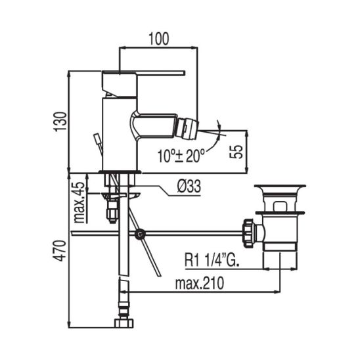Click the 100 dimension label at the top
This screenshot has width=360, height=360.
tap(159, 39)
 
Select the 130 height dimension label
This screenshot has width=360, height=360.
tap(60, 122)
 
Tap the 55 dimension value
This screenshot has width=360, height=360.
tap(236, 152)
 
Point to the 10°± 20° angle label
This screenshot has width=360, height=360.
tap(181, 156)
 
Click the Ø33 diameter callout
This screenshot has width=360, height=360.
tap(189, 186)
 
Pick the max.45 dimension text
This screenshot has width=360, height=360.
tap(79, 202)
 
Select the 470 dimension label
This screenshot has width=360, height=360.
tap(60, 250)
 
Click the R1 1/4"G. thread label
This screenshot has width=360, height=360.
tap(212, 260)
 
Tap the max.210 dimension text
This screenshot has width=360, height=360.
tap(199, 283)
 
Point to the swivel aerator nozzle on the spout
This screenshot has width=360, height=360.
tap(187, 129)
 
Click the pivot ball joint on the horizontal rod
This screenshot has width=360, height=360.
tap(140, 234)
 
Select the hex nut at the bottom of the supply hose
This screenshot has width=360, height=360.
tap(124, 323)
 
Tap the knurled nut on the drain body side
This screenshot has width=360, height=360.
tap(248, 233)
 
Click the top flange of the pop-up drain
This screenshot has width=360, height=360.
tap(280, 186)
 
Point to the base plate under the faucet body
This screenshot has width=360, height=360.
tap(120, 171)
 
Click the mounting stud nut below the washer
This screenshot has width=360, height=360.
tap(112, 212)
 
